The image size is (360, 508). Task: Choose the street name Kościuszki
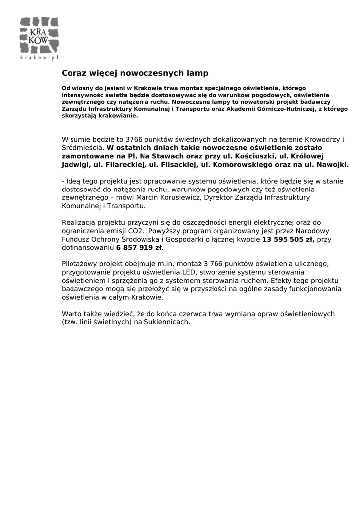(250, 156)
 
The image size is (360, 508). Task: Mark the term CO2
(134, 231)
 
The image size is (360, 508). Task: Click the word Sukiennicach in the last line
(169, 322)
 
